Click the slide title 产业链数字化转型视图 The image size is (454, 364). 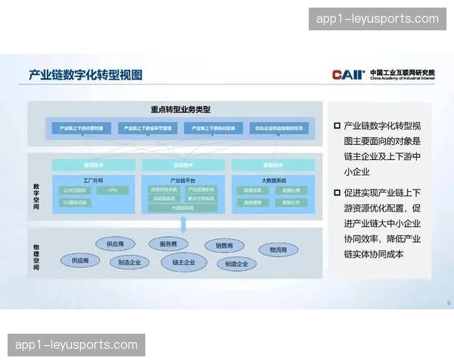86,74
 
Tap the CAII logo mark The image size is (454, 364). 348,74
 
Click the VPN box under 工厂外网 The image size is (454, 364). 113,190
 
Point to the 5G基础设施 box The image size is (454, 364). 75,202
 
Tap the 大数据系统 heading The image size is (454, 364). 273,180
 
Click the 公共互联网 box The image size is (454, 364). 75,190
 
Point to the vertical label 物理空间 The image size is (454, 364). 36,257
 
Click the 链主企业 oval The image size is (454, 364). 184,262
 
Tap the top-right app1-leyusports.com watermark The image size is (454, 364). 378,19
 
